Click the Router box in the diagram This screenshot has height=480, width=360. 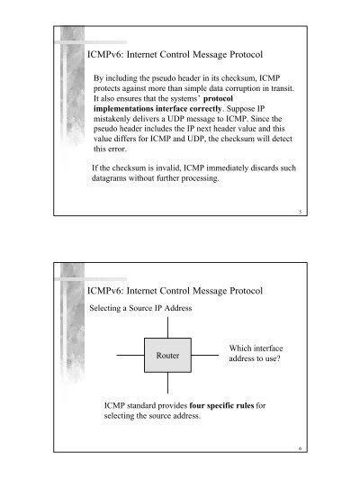coord(168,356)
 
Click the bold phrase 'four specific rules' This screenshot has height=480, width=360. coord(215,404)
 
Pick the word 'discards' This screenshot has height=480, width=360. coord(277,167)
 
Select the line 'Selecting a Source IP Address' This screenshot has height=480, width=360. coord(139,308)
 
